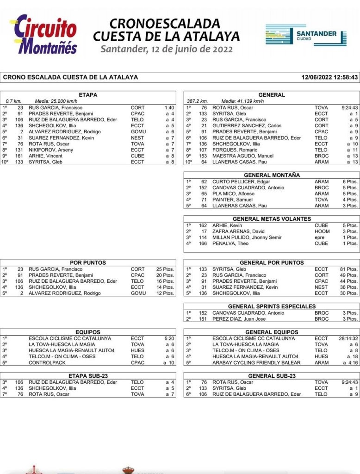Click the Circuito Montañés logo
coord(45,34)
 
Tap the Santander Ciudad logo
coord(306,35)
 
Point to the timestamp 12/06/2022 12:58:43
coord(329,77)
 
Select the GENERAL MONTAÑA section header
coord(272,175)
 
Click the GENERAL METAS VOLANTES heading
coord(272,219)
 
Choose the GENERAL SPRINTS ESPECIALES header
coord(272,306)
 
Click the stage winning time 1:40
coord(169,108)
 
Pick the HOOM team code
coord(321,231)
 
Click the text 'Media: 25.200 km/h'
coord(56,101)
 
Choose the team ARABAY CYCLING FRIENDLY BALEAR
coord(256,362)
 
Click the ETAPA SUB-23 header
coord(88,376)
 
